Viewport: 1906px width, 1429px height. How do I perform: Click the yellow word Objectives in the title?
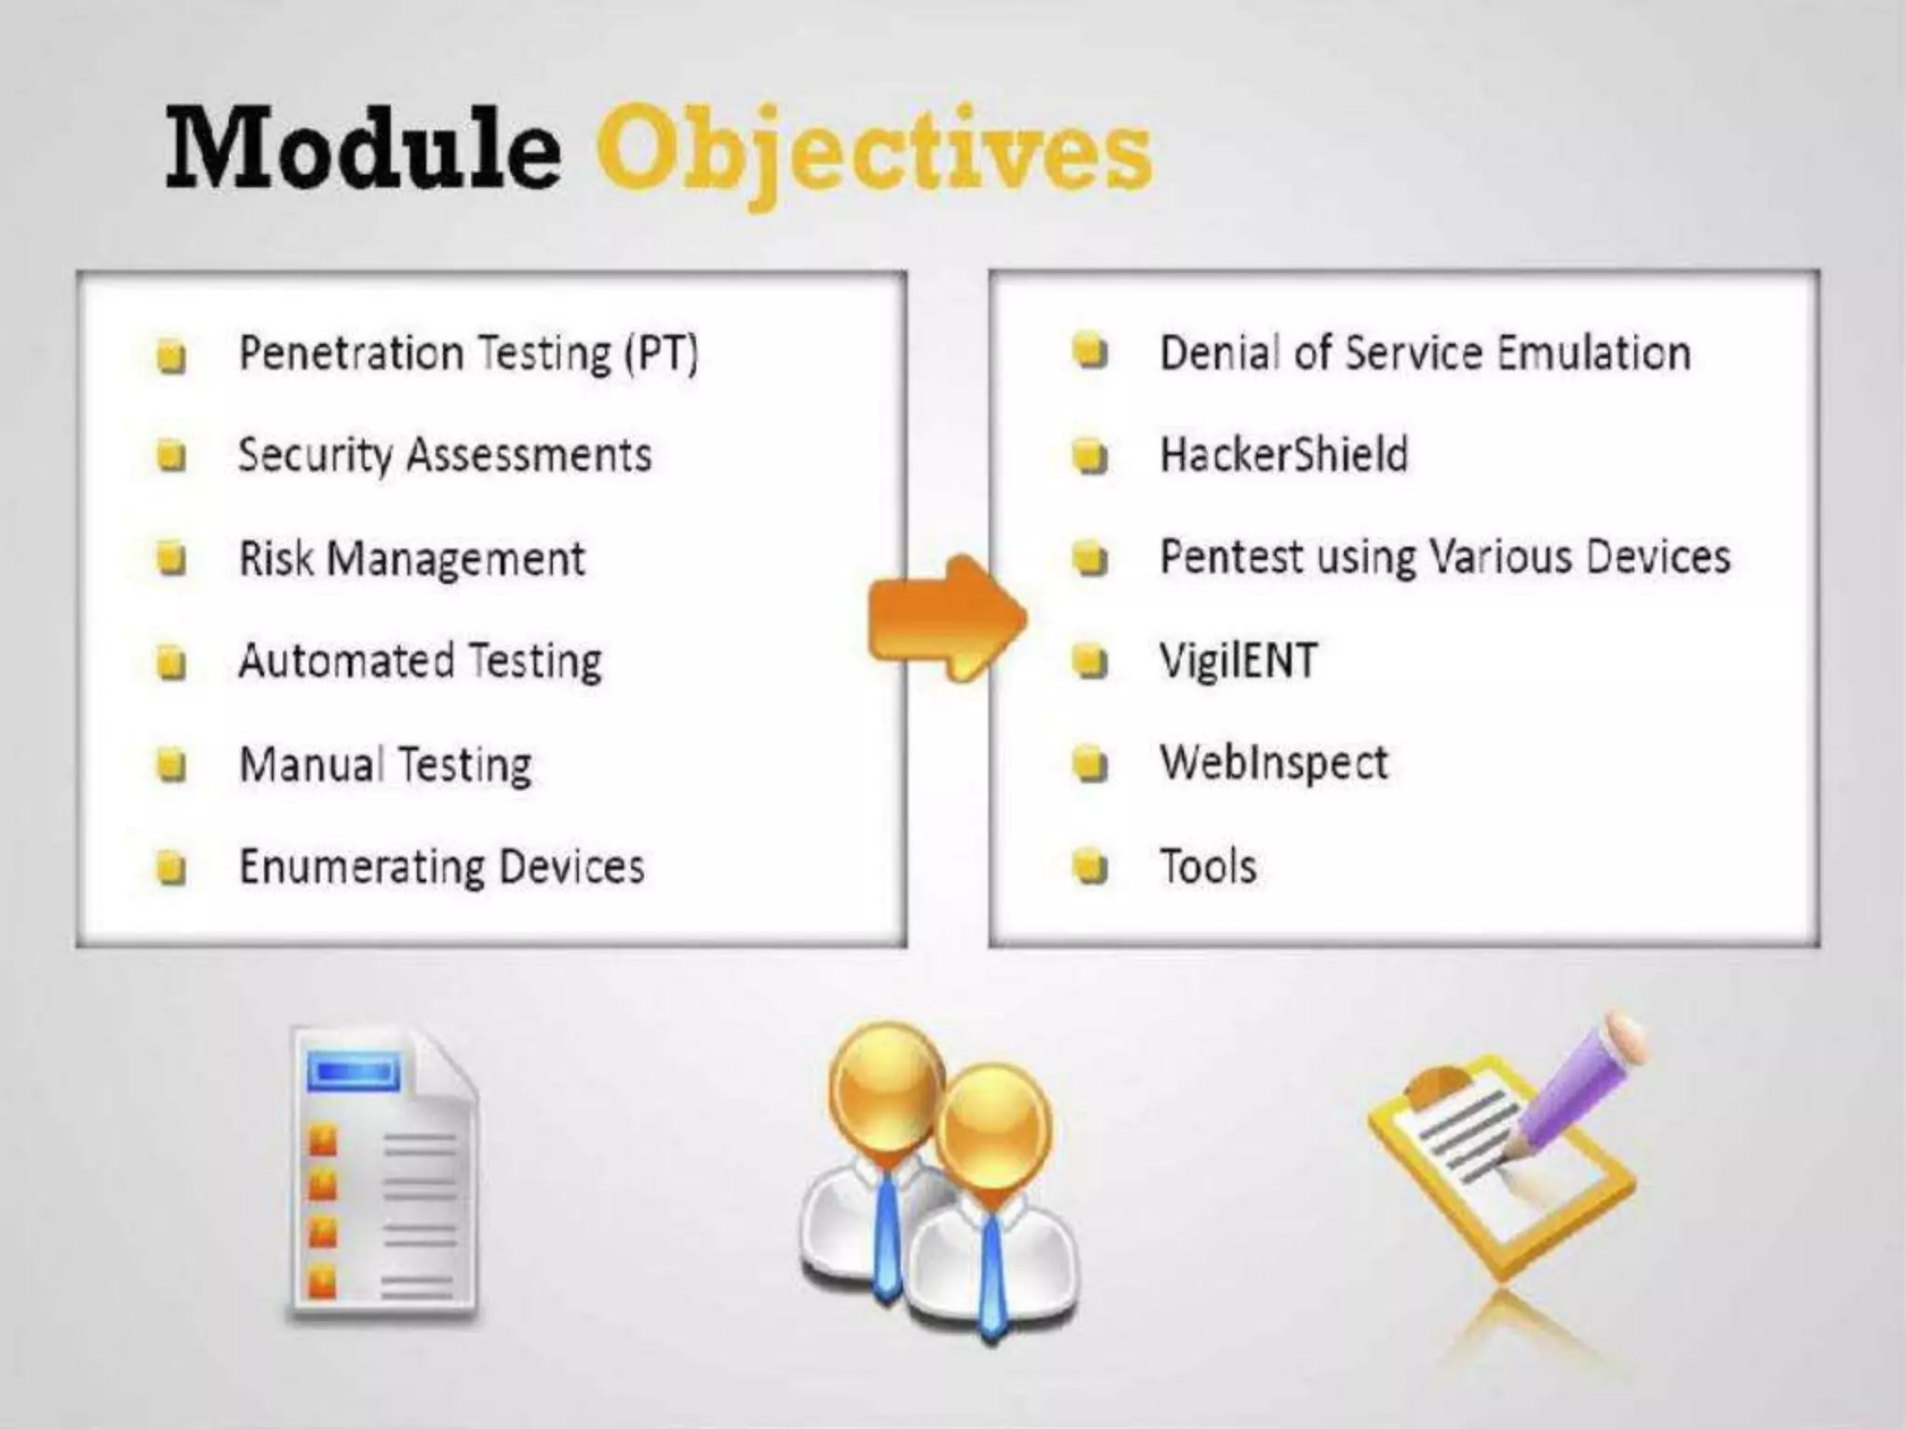click(x=873, y=154)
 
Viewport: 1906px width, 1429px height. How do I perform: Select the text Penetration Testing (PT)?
click(x=468, y=354)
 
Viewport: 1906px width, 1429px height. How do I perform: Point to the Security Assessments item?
click(x=445, y=456)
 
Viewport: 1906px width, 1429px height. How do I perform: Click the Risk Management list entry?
click(x=411, y=559)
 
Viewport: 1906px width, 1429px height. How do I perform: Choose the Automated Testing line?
click(x=420, y=661)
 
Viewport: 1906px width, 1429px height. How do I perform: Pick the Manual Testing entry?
click(x=385, y=765)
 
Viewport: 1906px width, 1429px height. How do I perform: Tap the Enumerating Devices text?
click(x=441, y=867)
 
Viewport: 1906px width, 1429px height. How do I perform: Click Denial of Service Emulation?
click(x=1425, y=354)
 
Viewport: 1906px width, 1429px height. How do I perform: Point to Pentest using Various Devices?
click(x=1444, y=557)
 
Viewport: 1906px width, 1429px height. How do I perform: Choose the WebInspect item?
click(x=1273, y=764)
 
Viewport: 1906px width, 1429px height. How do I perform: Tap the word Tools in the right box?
click(x=1207, y=867)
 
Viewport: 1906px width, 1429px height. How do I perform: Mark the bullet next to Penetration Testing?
click(x=171, y=355)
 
